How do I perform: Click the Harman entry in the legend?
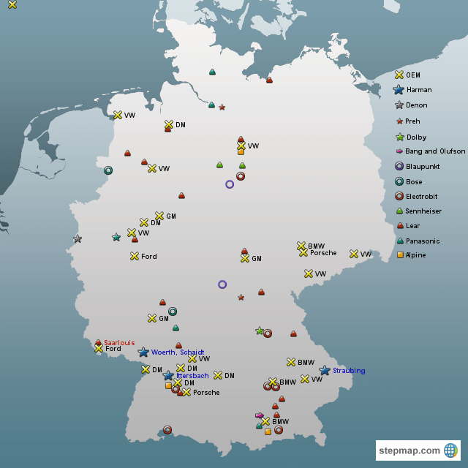click(x=418, y=90)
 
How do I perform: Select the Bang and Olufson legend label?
click(x=435, y=151)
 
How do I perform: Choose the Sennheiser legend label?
click(x=428, y=211)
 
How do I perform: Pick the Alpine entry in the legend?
click(x=415, y=255)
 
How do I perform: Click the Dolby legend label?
click(x=415, y=137)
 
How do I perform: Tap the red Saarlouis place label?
click(x=119, y=342)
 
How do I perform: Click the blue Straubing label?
click(x=349, y=371)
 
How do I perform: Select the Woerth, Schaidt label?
click(x=178, y=352)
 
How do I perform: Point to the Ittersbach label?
click(x=192, y=376)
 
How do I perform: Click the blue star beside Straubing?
click(x=325, y=371)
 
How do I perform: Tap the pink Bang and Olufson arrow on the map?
click(x=259, y=415)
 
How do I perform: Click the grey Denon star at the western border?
click(x=78, y=239)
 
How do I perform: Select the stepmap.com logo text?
click(x=409, y=450)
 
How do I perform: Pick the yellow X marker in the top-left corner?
click(x=12, y=4)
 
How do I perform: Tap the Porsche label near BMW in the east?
click(x=323, y=253)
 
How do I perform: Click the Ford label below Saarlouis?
click(x=113, y=349)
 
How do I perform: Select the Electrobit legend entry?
click(x=425, y=196)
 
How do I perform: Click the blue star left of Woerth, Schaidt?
click(x=143, y=352)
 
